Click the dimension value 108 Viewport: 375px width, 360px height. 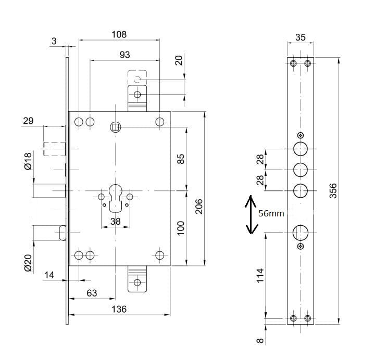119,35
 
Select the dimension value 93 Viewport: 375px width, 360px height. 124,55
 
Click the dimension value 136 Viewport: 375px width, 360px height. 119,309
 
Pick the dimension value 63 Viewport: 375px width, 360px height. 92,293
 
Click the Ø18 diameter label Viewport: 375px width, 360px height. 29,161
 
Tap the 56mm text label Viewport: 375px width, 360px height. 271,213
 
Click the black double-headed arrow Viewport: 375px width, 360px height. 251,214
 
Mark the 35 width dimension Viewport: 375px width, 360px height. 301,37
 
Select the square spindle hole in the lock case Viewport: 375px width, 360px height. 115,126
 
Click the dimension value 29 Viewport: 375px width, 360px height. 28,121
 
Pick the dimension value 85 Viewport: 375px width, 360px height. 181,158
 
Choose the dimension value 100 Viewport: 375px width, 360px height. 181,227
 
